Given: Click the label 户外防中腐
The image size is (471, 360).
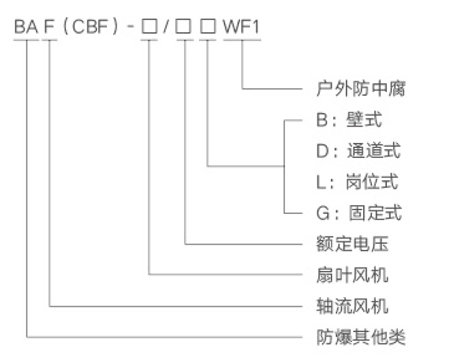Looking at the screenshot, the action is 361,89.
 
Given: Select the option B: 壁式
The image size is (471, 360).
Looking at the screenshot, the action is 349,119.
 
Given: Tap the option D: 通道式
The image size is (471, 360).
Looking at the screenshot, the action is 359,150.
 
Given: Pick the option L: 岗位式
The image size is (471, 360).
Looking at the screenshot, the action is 358,182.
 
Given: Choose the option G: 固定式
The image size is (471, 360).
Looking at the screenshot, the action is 359,212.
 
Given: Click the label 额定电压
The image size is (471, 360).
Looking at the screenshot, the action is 352,244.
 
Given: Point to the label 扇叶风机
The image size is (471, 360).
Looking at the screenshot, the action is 352,275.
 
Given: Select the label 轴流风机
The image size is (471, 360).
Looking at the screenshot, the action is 352,306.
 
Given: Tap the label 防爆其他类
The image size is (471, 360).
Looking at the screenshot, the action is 361,337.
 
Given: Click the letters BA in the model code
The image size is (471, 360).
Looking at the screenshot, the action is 26,27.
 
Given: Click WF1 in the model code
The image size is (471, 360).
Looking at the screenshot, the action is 241,27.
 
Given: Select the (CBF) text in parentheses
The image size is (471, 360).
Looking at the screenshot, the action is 90,27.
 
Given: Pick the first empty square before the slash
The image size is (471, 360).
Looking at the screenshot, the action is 149,27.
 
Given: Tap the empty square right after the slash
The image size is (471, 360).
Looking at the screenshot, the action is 183,27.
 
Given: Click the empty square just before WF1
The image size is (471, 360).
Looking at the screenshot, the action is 208,27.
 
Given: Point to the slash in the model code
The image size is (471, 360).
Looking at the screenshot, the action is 166,27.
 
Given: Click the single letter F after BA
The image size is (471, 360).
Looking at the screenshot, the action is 50,27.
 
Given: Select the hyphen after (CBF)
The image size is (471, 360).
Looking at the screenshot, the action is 131,27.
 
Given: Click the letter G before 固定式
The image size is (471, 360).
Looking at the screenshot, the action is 323,213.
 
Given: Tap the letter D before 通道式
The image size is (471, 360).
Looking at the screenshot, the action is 323,151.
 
